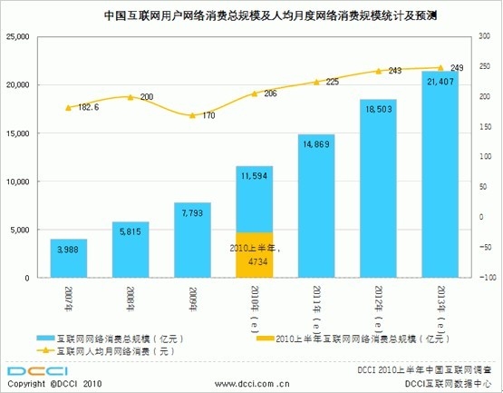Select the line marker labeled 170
coord(191,115)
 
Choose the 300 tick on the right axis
coord(482,36)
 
